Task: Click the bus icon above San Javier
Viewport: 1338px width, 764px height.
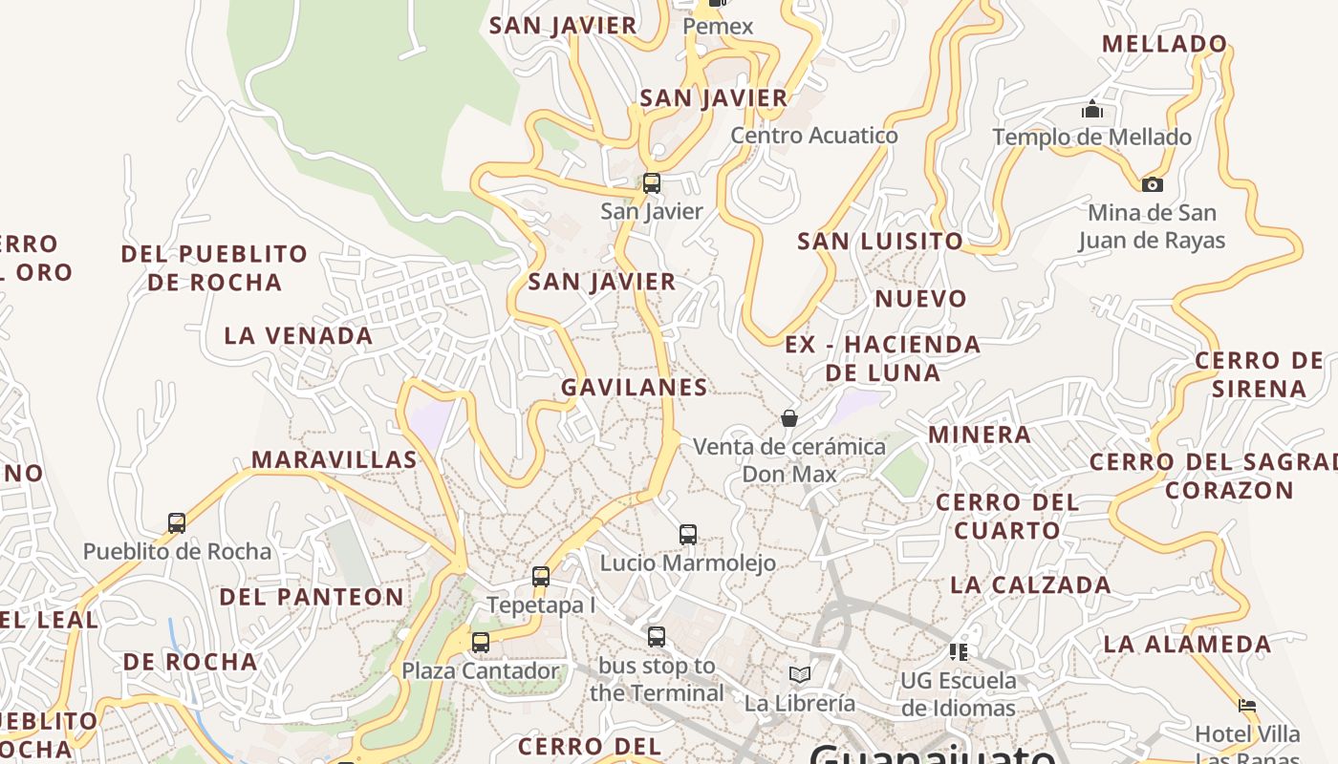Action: pos(652,182)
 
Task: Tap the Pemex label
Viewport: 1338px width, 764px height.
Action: pos(719,27)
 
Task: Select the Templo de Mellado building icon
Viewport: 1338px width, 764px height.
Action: pos(1092,110)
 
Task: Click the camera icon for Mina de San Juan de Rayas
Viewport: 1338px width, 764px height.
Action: pos(1153,184)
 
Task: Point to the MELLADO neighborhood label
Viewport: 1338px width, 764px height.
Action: pos(1164,44)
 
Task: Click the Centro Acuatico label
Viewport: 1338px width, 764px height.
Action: pos(814,136)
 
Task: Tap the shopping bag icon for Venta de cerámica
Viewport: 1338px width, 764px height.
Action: pos(789,418)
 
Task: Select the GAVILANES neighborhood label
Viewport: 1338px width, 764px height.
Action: pos(635,387)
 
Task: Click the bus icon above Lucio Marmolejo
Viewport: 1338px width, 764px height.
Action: pos(688,535)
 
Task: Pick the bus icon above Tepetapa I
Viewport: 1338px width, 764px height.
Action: pos(541,577)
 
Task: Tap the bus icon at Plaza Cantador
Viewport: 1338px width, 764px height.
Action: pos(481,643)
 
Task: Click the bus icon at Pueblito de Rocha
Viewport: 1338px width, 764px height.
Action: pos(177,523)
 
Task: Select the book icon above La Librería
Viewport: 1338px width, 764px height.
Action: pos(800,675)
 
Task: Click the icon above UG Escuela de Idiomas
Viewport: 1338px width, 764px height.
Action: pos(959,652)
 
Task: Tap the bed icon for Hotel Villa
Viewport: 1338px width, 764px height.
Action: pos(1247,706)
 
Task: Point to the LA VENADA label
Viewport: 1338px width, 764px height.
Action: pos(298,336)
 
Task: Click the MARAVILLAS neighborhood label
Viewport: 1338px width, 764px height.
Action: pos(334,460)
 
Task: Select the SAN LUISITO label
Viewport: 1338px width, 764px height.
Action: pos(880,242)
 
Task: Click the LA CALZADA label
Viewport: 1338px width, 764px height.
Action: pos(1030,585)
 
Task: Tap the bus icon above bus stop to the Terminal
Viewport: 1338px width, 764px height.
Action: pos(656,637)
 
